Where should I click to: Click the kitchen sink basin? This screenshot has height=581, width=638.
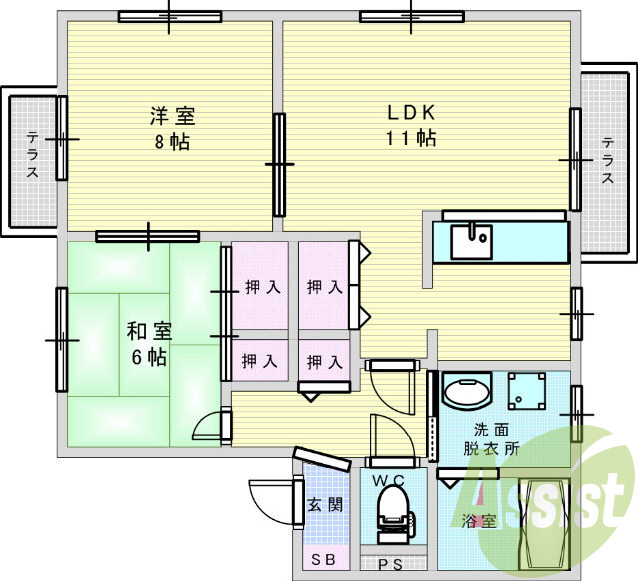(470, 240)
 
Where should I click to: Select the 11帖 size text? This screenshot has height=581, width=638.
(411, 138)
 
